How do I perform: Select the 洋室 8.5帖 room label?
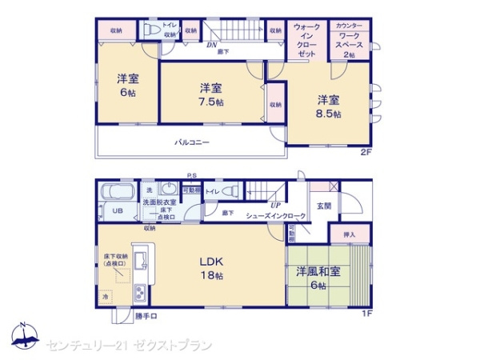pos(327,106)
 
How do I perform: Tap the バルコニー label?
pos(192,142)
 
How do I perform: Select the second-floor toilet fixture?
pos(150,30)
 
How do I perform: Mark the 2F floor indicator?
pos(365,151)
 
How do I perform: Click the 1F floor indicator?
pos(365,313)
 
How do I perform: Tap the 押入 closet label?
pos(349,234)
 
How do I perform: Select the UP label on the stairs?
pos(274,205)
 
